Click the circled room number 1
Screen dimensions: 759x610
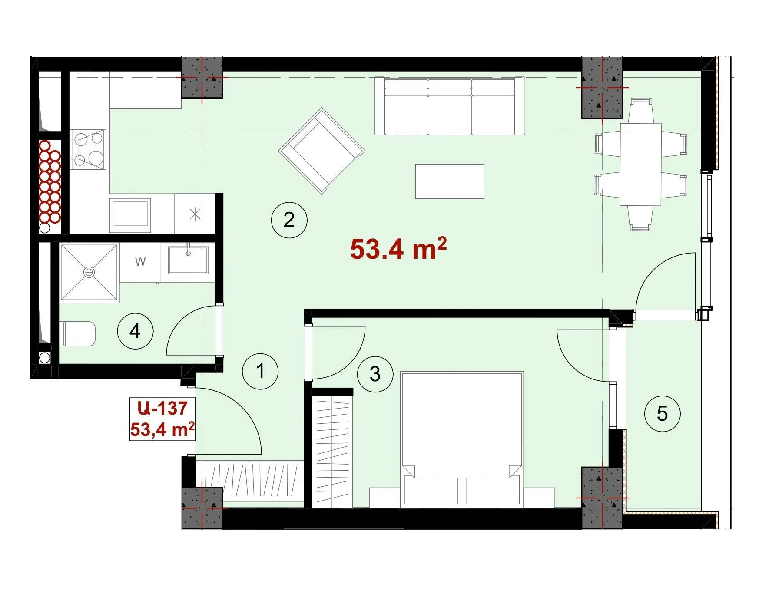pos(260,371)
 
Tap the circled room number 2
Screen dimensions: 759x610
pos(289,220)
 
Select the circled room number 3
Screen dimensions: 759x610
pos(375,374)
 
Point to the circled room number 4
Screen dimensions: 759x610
pos(135,331)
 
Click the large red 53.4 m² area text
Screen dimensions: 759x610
pos(398,248)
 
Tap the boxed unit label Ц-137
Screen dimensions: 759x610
pos(162,408)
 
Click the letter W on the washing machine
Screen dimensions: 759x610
pos(140,262)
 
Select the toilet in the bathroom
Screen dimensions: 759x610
pos(80,334)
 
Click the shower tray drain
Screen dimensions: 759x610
pos(89,272)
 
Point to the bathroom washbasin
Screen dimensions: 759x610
pos(188,260)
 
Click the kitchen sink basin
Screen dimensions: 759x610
pos(130,213)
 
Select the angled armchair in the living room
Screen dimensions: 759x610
pos(322,151)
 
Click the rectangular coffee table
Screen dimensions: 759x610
pos(450,181)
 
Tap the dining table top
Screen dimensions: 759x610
pos(640,164)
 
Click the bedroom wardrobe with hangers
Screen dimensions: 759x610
pos(332,452)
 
